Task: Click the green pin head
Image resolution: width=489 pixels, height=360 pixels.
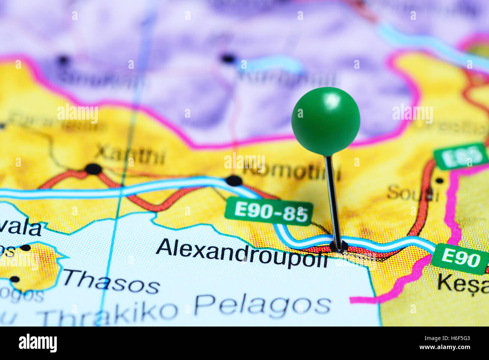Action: point(325,121)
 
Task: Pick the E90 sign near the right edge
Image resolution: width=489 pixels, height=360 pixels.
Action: point(460,259)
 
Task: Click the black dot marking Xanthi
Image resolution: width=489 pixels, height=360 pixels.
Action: point(93,169)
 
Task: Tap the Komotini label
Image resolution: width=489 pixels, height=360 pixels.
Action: point(292,172)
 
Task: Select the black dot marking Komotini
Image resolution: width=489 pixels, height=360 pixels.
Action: point(234,181)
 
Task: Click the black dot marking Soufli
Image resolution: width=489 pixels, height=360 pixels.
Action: point(439,181)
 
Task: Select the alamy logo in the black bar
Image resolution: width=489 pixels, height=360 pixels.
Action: point(38,343)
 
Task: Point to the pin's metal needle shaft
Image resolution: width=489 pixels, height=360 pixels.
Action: point(333,199)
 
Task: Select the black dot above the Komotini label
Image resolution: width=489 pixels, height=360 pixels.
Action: point(228,58)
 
